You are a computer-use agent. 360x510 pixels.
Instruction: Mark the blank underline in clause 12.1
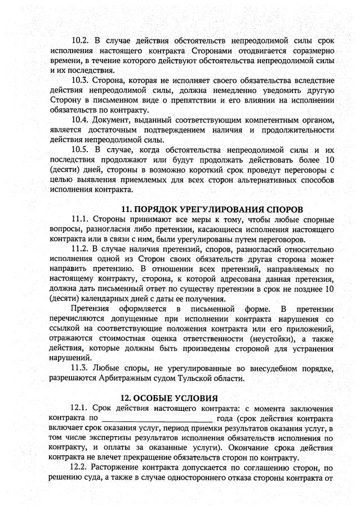pos(157,419)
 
